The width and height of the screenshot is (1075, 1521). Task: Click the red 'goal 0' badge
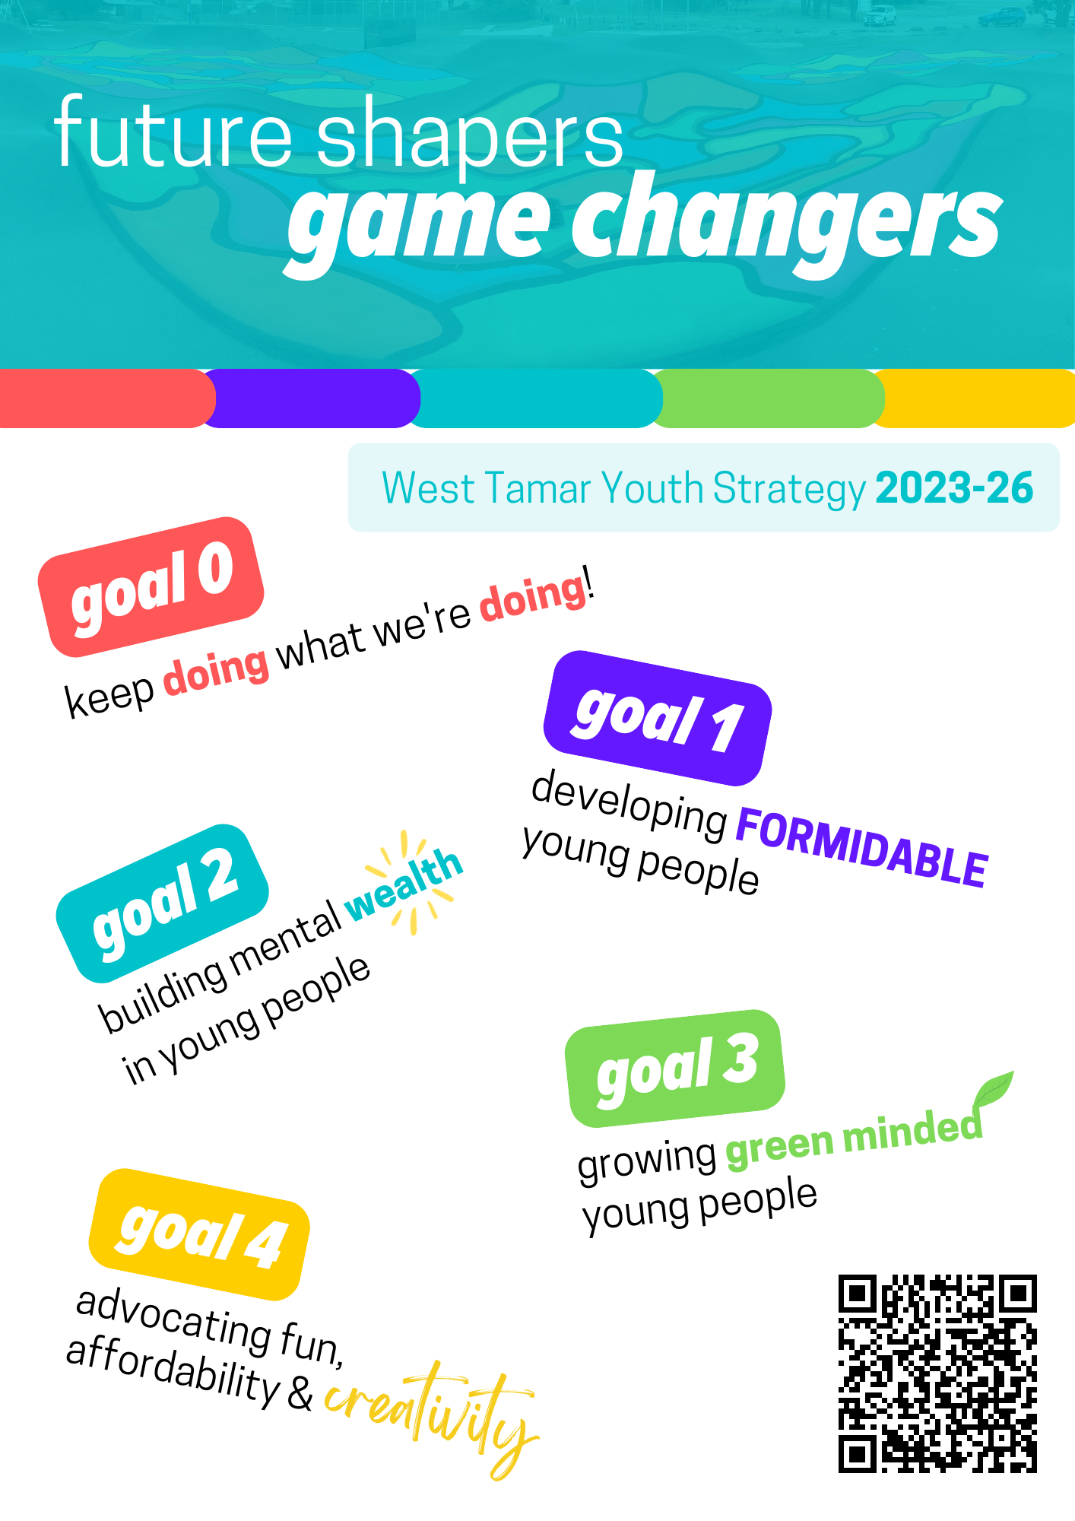click(x=151, y=586)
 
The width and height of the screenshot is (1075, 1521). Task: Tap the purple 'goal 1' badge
click(x=658, y=718)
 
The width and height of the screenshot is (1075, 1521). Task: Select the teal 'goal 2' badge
click(x=163, y=903)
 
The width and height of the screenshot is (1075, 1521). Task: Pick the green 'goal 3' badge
click(x=675, y=1068)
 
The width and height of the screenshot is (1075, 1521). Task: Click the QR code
click(x=937, y=1373)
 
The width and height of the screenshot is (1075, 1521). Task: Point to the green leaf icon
click(x=993, y=1090)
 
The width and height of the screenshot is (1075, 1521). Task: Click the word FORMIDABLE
click(x=861, y=846)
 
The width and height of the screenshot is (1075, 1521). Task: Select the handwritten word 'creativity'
click(x=432, y=1419)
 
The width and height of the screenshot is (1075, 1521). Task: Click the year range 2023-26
click(x=954, y=487)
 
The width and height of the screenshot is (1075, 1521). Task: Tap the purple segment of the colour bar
click(x=312, y=399)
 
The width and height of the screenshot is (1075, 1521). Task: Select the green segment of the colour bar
click(x=768, y=399)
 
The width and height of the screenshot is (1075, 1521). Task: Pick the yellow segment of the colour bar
click(x=975, y=399)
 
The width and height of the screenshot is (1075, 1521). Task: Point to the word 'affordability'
click(x=173, y=1370)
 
